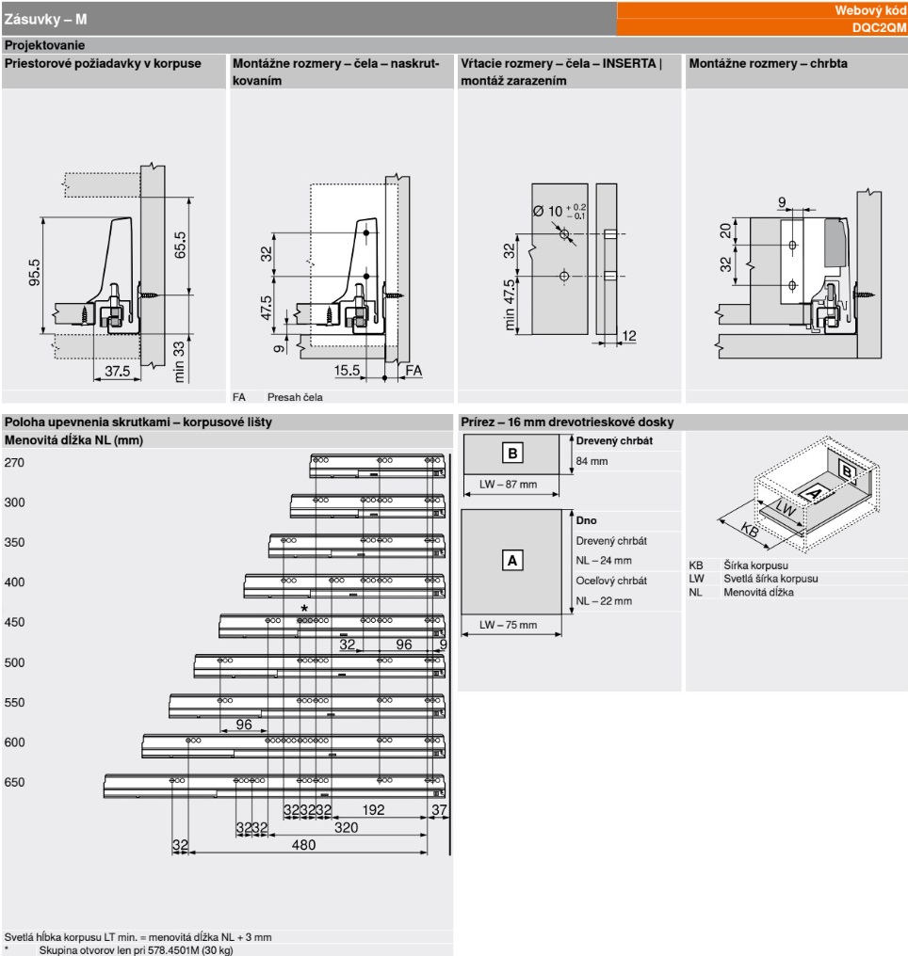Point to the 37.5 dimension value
(117, 372)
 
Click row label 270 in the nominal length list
(15, 463)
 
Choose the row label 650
(15, 783)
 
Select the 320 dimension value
(347, 827)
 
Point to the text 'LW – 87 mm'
(508, 485)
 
